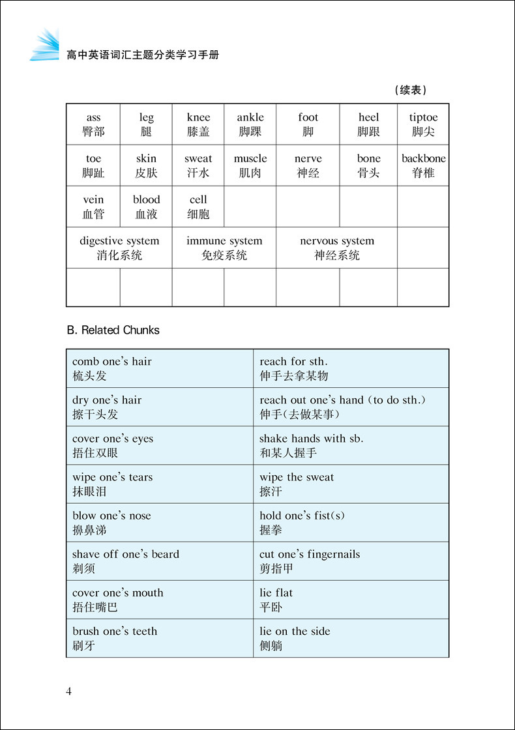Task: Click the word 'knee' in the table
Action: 198,118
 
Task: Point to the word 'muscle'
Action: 250,159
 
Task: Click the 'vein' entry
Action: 93,200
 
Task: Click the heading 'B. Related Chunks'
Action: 113,330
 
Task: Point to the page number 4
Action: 69,691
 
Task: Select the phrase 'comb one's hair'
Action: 112,362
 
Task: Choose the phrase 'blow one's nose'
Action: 111,516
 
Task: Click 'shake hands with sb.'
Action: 312,439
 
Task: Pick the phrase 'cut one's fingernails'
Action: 310,554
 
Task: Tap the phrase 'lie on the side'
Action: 295,631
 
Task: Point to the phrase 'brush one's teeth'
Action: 115,631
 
